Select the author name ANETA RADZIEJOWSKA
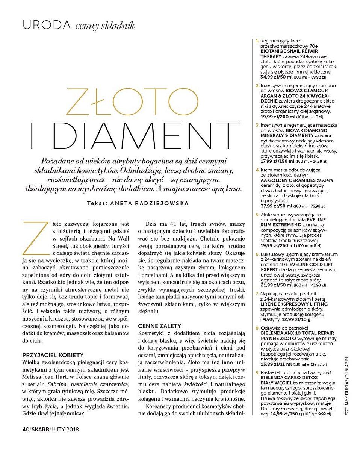point(150,203)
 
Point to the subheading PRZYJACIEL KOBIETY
point(53,354)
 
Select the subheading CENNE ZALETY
point(160,326)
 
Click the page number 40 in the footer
point(27,429)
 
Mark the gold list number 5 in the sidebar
point(257,215)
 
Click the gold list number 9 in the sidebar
point(257,372)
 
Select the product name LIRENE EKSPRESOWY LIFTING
point(294,304)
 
